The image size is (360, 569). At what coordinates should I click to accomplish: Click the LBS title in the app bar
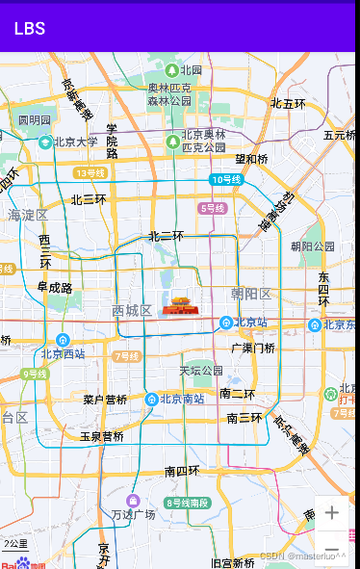point(29,29)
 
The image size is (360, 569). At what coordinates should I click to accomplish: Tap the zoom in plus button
point(332,513)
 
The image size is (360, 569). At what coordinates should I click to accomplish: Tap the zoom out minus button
point(332,548)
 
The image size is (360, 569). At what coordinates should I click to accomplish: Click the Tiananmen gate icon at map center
point(179,305)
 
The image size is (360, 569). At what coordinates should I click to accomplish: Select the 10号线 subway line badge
point(226,180)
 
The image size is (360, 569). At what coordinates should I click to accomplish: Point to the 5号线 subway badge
point(212,208)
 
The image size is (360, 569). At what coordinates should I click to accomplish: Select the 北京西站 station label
point(64,354)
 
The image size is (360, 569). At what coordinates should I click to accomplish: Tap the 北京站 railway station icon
point(226,323)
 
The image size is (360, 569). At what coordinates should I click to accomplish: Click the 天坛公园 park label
point(200,371)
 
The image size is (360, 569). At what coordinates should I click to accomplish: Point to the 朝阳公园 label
point(312,246)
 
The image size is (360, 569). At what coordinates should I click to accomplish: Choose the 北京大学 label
point(75,142)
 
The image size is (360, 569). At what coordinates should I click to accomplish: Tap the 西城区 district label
point(132,311)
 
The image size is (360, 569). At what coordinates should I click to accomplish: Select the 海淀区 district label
point(28,215)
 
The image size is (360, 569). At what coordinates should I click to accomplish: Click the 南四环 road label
point(182,471)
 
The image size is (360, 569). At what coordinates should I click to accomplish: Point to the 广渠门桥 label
point(253,348)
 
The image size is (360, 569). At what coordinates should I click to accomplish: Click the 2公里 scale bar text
point(14,544)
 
